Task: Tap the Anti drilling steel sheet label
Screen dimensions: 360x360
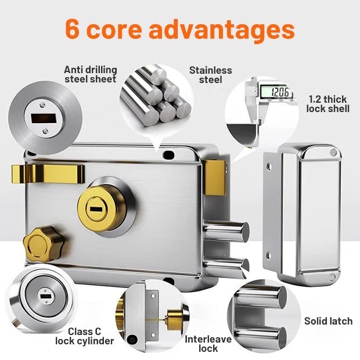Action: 90,74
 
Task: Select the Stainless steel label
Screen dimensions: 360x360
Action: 210,74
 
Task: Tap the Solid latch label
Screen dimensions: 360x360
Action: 328,321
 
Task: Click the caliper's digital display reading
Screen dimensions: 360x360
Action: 273,91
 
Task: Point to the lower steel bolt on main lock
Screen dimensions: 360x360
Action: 228,265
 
